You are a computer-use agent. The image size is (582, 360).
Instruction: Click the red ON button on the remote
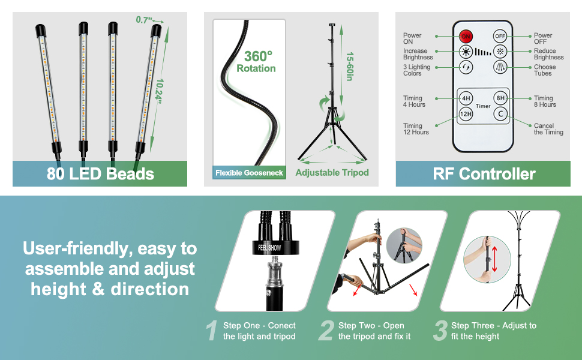[x=466, y=36]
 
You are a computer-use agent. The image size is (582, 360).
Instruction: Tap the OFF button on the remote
[x=500, y=36]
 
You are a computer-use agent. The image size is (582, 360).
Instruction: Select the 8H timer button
[x=500, y=98]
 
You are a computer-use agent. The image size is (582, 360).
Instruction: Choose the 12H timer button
[x=466, y=113]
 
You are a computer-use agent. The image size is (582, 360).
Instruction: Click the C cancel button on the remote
[x=500, y=113]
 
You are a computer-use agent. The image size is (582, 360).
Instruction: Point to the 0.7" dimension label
[x=144, y=20]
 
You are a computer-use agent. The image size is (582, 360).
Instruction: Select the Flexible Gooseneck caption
[x=249, y=173]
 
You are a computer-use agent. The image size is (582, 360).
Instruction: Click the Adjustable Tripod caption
[x=332, y=173]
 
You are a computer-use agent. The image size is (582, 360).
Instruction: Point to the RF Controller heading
[x=484, y=174]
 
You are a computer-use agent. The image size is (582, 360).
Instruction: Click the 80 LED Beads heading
[x=100, y=174]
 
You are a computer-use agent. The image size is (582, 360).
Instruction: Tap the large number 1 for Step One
[x=211, y=331]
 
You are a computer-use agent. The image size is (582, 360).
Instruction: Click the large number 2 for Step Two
[x=326, y=331]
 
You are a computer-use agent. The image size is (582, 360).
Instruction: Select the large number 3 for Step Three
[x=440, y=331]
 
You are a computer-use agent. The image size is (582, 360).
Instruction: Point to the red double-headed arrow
[x=494, y=258]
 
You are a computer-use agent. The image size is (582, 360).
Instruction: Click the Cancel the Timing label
[x=548, y=129]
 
